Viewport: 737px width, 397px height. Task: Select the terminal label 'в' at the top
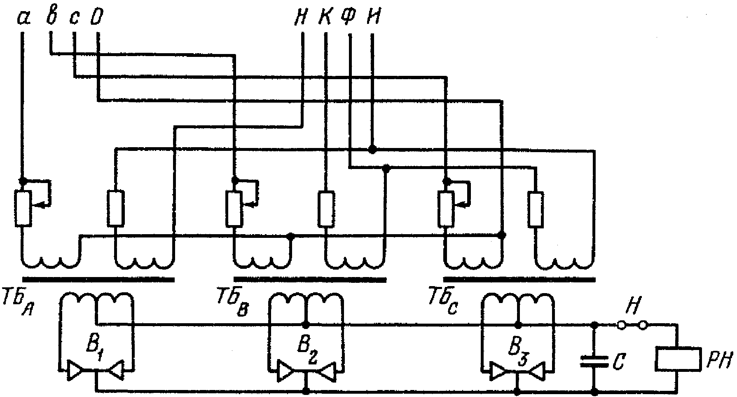(x=51, y=17)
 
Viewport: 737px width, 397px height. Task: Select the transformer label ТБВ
(x=231, y=303)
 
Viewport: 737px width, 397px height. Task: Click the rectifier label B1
(x=94, y=345)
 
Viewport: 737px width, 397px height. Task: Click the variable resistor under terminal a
(x=23, y=208)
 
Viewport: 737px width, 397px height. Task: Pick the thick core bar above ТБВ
(x=310, y=280)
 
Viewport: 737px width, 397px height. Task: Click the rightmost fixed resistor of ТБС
(x=536, y=209)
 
